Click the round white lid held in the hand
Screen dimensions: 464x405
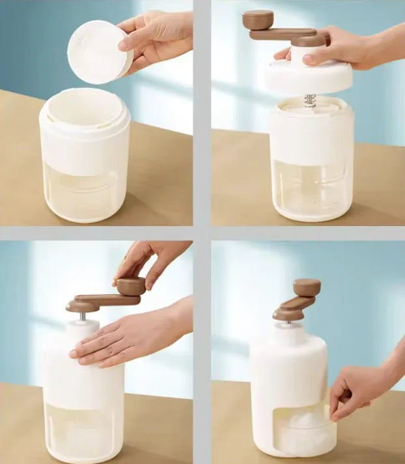pos(98,52)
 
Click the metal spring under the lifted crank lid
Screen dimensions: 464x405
pos(310,100)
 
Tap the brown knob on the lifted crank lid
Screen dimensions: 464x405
pos(258,19)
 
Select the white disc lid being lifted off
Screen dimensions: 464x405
pos(307,77)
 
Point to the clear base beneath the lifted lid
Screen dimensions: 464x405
pos(311,189)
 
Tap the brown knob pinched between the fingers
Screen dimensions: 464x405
pos(131,285)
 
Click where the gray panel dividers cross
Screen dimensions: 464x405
pos(202,233)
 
